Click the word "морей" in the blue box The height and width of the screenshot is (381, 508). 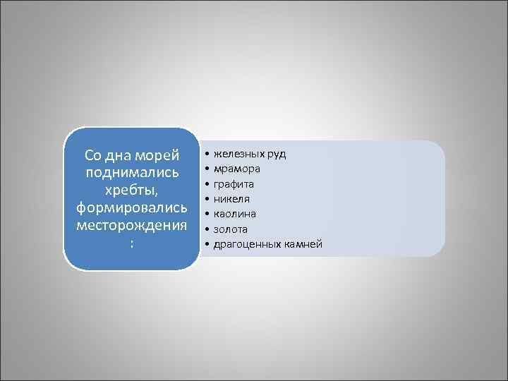[x=157, y=155]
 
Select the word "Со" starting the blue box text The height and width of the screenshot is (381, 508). [x=93, y=155]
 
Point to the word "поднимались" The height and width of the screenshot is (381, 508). [x=131, y=172]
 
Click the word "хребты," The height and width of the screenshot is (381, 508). [x=131, y=190]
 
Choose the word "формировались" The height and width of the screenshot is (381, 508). [x=131, y=208]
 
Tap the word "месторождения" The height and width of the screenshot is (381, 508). [x=131, y=226]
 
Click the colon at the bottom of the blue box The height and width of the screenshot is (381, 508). [x=131, y=243]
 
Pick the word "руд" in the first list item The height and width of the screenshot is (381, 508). [x=276, y=154]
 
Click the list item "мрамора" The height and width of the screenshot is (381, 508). [x=236, y=169]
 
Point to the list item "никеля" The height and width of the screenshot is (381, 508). [x=231, y=199]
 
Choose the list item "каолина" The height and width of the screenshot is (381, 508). [x=234, y=214]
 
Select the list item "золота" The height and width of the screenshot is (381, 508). [x=231, y=229]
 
